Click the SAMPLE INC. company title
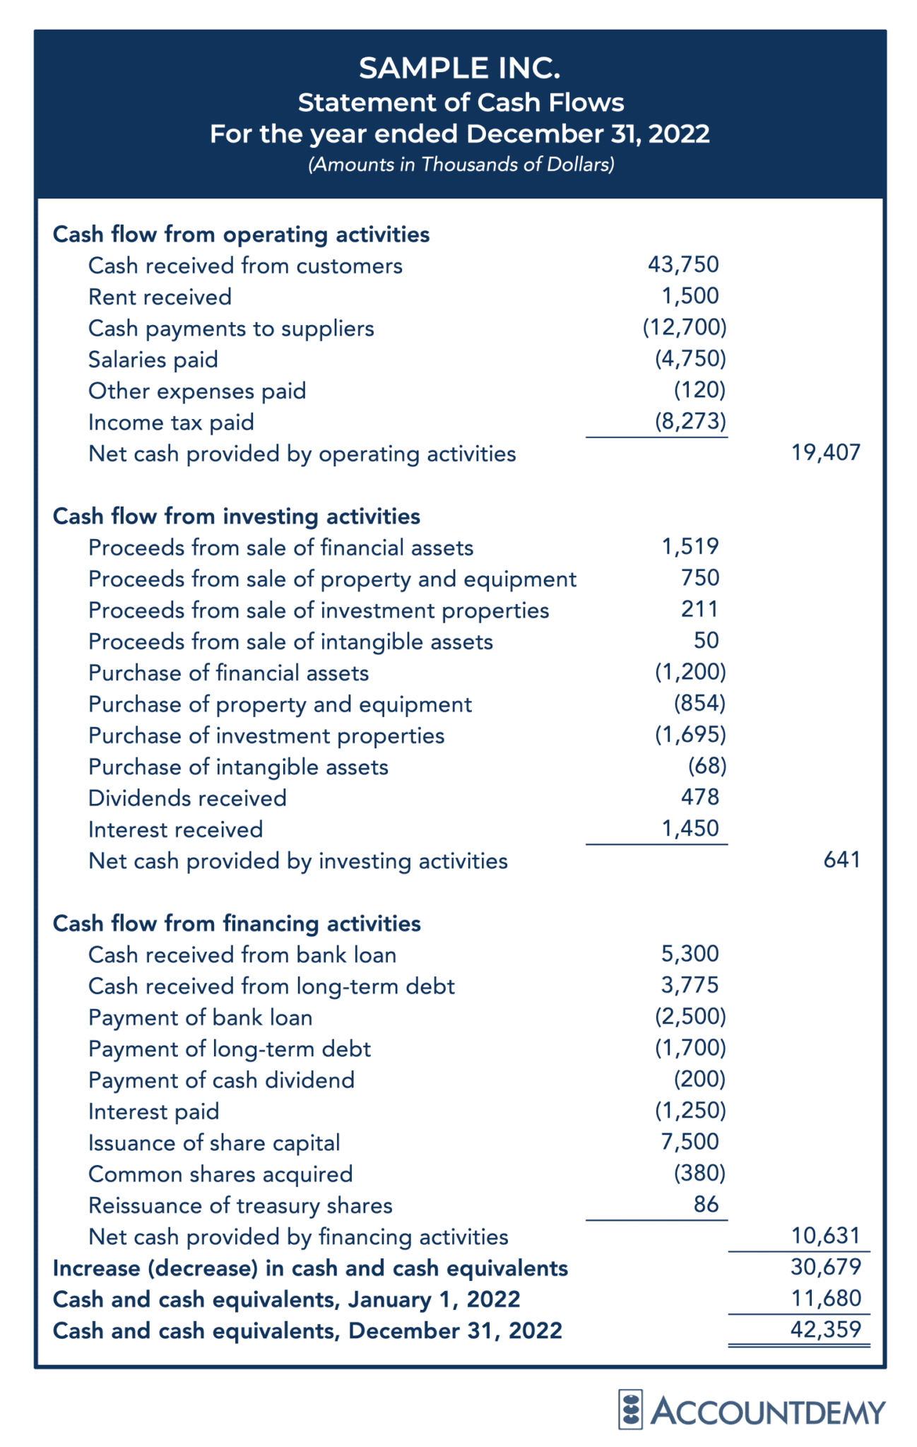[459, 68]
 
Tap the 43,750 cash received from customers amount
[682, 265]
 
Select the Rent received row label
[160, 297]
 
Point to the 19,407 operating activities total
[825, 452]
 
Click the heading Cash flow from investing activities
[236, 516]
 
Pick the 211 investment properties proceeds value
[699, 609]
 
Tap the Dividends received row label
[187, 798]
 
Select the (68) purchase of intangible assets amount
[706, 766]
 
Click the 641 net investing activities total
[841, 860]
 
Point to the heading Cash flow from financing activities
[237, 923]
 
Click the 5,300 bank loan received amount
[690, 954]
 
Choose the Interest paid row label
[153, 1111]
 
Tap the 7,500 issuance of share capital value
[690, 1142]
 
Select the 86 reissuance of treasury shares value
[705, 1204]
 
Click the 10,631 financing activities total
[825, 1236]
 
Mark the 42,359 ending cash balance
[825, 1330]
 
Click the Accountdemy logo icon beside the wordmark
[629, 1410]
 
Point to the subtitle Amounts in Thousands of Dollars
[461, 165]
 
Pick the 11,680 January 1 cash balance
[825, 1298]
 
